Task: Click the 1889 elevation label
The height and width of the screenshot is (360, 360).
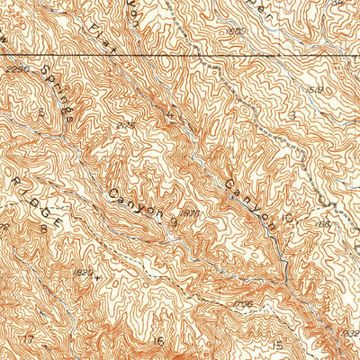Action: coord(238,31)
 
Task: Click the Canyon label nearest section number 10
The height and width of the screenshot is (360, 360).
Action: coord(244,191)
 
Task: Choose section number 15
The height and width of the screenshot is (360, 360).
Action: coord(278,345)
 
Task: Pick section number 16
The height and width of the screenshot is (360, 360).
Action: coord(158,341)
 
